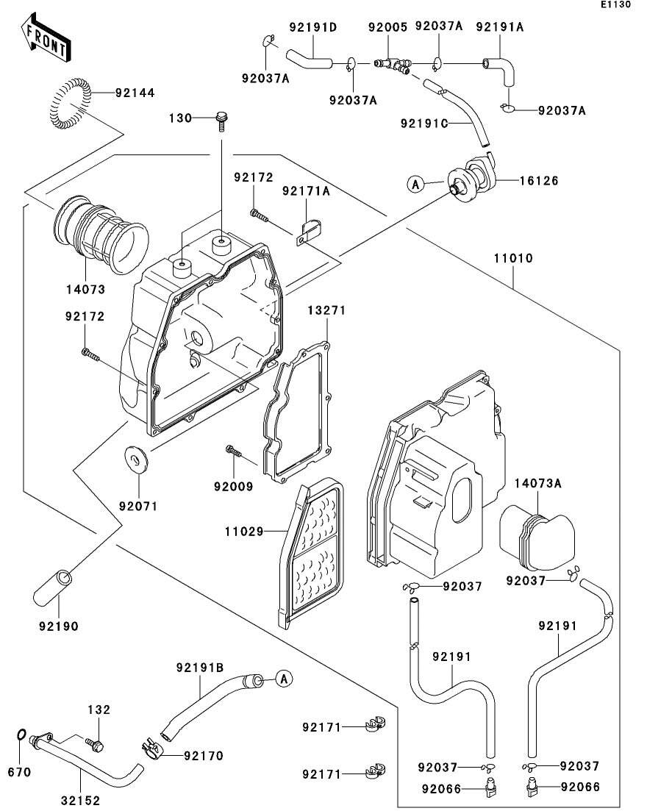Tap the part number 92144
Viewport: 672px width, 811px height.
135,93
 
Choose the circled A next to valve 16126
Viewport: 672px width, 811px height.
415,185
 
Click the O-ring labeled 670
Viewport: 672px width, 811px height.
22,735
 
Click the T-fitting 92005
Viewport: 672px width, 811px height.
390,66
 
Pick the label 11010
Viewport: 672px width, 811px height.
513,259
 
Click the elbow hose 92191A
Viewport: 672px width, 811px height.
499,71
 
